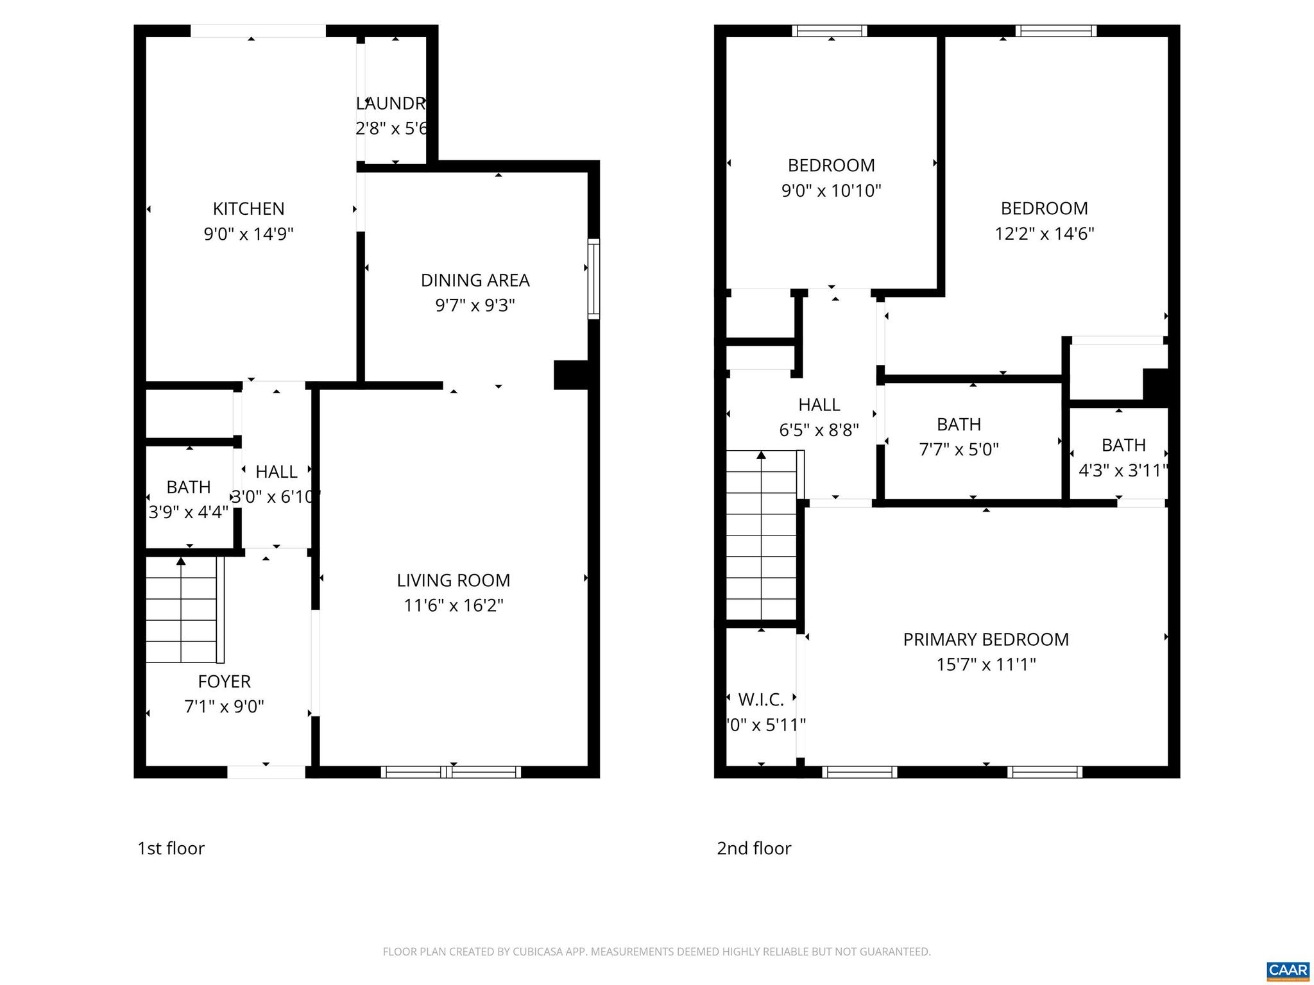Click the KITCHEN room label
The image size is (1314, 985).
[248, 209]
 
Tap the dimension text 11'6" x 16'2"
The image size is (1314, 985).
[453, 605]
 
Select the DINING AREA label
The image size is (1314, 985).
[475, 280]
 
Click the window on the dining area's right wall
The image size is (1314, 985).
[594, 279]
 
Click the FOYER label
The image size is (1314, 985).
[224, 681]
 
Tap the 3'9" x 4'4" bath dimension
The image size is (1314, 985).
[188, 512]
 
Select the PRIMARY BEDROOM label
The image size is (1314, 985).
[985, 639]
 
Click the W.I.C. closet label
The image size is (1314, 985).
[761, 699]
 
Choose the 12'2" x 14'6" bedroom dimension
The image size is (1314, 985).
[1044, 233]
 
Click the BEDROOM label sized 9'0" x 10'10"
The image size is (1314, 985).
[831, 165]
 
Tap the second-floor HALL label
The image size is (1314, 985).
[819, 405]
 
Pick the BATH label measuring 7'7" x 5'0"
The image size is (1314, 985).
[959, 425]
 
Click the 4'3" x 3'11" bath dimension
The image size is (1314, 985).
[1123, 471]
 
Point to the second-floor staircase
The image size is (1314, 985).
[762, 535]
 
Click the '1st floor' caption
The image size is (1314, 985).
[171, 848]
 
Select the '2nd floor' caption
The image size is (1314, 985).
[754, 848]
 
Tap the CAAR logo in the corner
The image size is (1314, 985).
[1288, 970]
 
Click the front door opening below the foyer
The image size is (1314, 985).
[266, 772]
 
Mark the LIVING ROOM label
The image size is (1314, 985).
[453, 580]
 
